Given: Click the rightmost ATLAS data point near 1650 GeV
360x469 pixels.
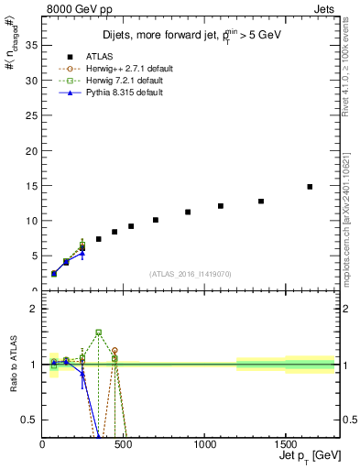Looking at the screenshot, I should pos(310,187).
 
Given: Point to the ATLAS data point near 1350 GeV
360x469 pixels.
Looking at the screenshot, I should pos(261,202).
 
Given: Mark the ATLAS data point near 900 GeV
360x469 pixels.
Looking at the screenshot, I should pos(188,212).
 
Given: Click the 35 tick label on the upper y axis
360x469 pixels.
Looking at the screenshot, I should pos(30,46).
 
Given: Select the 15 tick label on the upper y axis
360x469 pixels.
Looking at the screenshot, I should pos(30,186).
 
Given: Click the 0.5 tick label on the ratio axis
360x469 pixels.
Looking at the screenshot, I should pos(28,420).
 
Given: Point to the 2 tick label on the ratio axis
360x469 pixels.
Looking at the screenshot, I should pos(34,309).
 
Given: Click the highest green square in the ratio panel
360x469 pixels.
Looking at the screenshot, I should pos(98,333).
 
